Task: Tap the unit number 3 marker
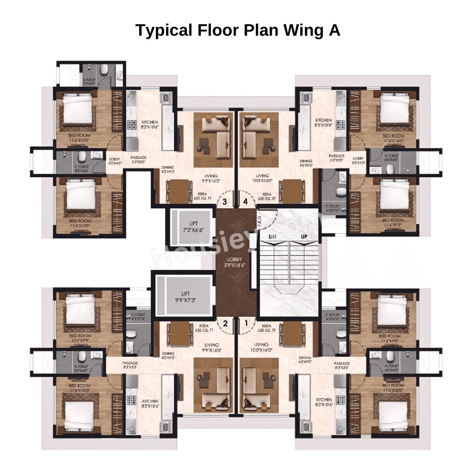pos(225,202)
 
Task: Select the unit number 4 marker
pos(246,202)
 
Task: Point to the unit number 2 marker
pos(225,323)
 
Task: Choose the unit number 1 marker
pos(246,323)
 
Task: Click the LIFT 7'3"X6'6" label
pos(193,227)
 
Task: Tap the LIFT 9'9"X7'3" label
pos(185,297)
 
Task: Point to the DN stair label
pos(272,236)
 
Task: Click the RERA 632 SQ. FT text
pos(204,328)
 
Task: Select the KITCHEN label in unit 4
pos(323,123)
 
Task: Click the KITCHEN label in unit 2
pos(150,404)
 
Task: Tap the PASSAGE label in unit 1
pos(342,366)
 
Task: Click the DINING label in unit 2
pos(168,355)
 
